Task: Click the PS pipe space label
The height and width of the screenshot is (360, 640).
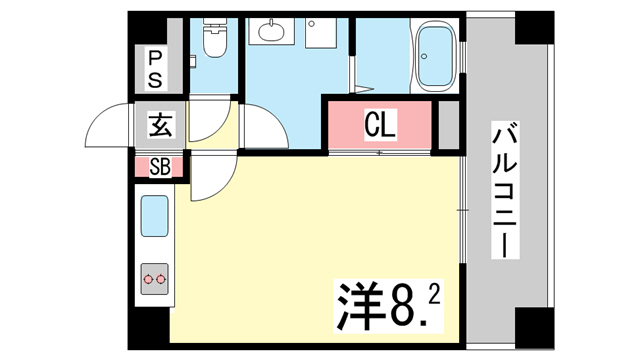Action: pos(155,69)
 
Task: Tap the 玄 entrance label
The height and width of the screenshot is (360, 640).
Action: pos(160,124)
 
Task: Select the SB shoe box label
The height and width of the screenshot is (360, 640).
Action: pos(160,167)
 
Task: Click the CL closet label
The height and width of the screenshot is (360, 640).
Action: pos(380,124)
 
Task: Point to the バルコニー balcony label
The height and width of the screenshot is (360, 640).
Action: pos(505,190)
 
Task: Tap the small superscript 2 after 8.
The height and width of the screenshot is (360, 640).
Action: pos(434,295)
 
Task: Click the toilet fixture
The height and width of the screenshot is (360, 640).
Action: pos(215,38)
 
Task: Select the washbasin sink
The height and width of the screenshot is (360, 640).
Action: pos(271,31)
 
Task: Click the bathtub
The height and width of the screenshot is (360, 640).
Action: pos(436,56)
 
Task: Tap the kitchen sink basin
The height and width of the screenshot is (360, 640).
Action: pos(155,216)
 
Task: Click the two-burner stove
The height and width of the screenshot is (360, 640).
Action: pos(155,279)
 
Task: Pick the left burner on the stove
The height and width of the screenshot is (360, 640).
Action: pos(148,280)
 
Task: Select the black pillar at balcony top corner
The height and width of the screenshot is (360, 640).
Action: pos(534,28)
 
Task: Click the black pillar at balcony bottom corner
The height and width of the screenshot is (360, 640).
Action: pos(534,328)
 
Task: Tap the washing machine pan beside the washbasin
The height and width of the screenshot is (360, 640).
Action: pos(320,32)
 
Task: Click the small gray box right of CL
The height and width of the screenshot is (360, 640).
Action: pos(449,125)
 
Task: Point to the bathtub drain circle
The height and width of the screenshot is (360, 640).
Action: pos(424,56)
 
